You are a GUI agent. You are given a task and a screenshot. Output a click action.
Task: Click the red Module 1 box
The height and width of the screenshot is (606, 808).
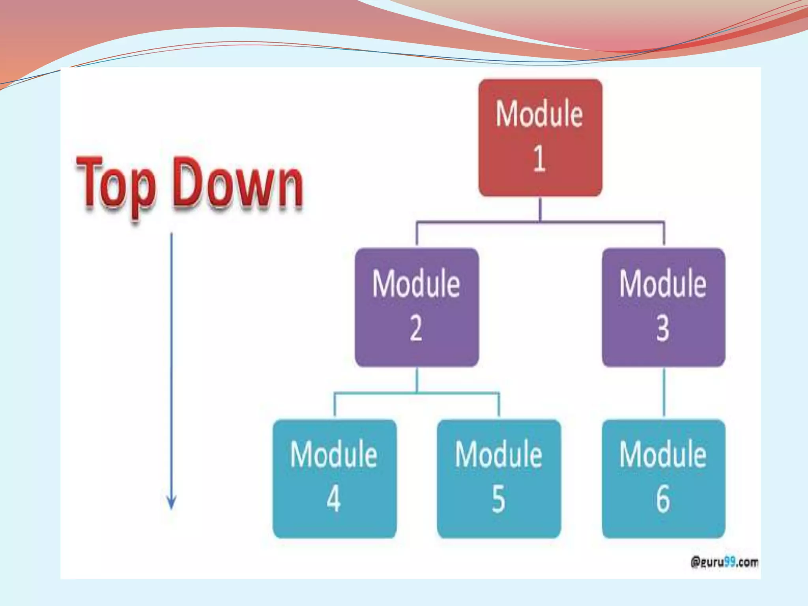tap(540, 138)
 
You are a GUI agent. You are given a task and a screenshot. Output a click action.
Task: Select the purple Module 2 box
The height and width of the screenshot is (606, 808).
tap(417, 307)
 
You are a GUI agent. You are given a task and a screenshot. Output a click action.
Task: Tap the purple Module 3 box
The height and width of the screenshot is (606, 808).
tap(663, 307)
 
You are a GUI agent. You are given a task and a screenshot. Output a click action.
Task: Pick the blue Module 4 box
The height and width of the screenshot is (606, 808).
tap(335, 479)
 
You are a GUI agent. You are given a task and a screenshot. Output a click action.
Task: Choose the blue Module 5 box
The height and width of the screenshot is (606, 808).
tap(499, 479)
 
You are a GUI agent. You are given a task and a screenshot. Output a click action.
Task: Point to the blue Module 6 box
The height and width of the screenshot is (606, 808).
tap(663, 479)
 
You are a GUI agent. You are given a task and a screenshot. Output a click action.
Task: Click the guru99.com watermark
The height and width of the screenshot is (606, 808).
tap(724, 562)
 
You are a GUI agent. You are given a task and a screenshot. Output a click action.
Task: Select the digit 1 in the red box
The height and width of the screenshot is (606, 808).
tap(539, 159)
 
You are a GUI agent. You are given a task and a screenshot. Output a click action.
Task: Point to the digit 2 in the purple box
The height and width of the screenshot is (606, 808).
tap(416, 328)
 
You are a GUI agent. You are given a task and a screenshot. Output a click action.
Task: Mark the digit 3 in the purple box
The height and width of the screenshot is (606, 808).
tap(663, 328)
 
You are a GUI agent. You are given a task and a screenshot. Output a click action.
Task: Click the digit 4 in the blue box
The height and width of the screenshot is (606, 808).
tap(334, 499)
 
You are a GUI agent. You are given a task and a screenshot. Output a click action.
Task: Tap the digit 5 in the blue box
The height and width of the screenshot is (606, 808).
tap(498, 499)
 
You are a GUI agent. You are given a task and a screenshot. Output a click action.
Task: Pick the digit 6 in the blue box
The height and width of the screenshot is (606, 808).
tap(663, 499)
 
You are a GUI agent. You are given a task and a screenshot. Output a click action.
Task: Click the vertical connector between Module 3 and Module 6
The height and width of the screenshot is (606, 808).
tap(664, 393)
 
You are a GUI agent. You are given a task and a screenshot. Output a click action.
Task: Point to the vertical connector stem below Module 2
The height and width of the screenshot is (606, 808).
tap(417, 380)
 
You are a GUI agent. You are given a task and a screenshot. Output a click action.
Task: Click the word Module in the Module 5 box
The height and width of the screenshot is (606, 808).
tap(499, 455)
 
